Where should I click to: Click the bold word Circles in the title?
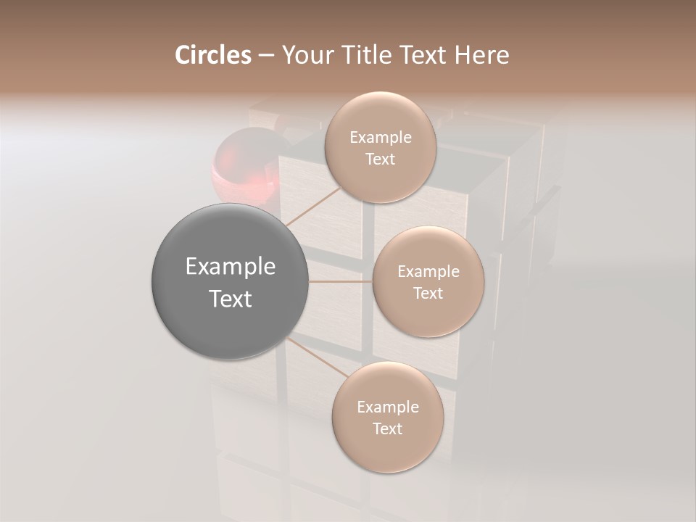(x=212, y=55)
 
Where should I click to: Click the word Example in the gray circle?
(x=230, y=267)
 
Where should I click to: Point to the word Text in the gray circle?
(x=230, y=299)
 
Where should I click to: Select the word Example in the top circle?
(x=380, y=138)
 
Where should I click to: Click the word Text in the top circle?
(x=380, y=159)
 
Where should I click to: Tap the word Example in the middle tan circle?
(x=428, y=272)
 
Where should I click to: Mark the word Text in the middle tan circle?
(x=428, y=293)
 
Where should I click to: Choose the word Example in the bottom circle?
(x=387, y=407)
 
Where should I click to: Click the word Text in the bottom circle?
(x=387, y=428)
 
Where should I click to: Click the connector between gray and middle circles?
(x=341, y=281)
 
